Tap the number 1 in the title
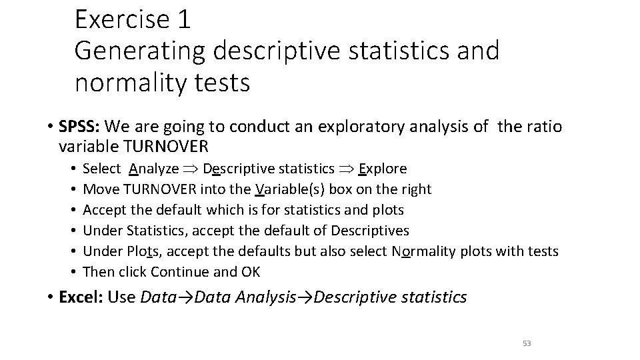point(184,19)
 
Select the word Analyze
point(154,169)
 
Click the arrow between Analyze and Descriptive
point(191,169)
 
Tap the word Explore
point(383,169)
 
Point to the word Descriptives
point(371,231)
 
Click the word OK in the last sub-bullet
point(251,272)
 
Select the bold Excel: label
point(81,297)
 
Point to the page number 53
point(527,343)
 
